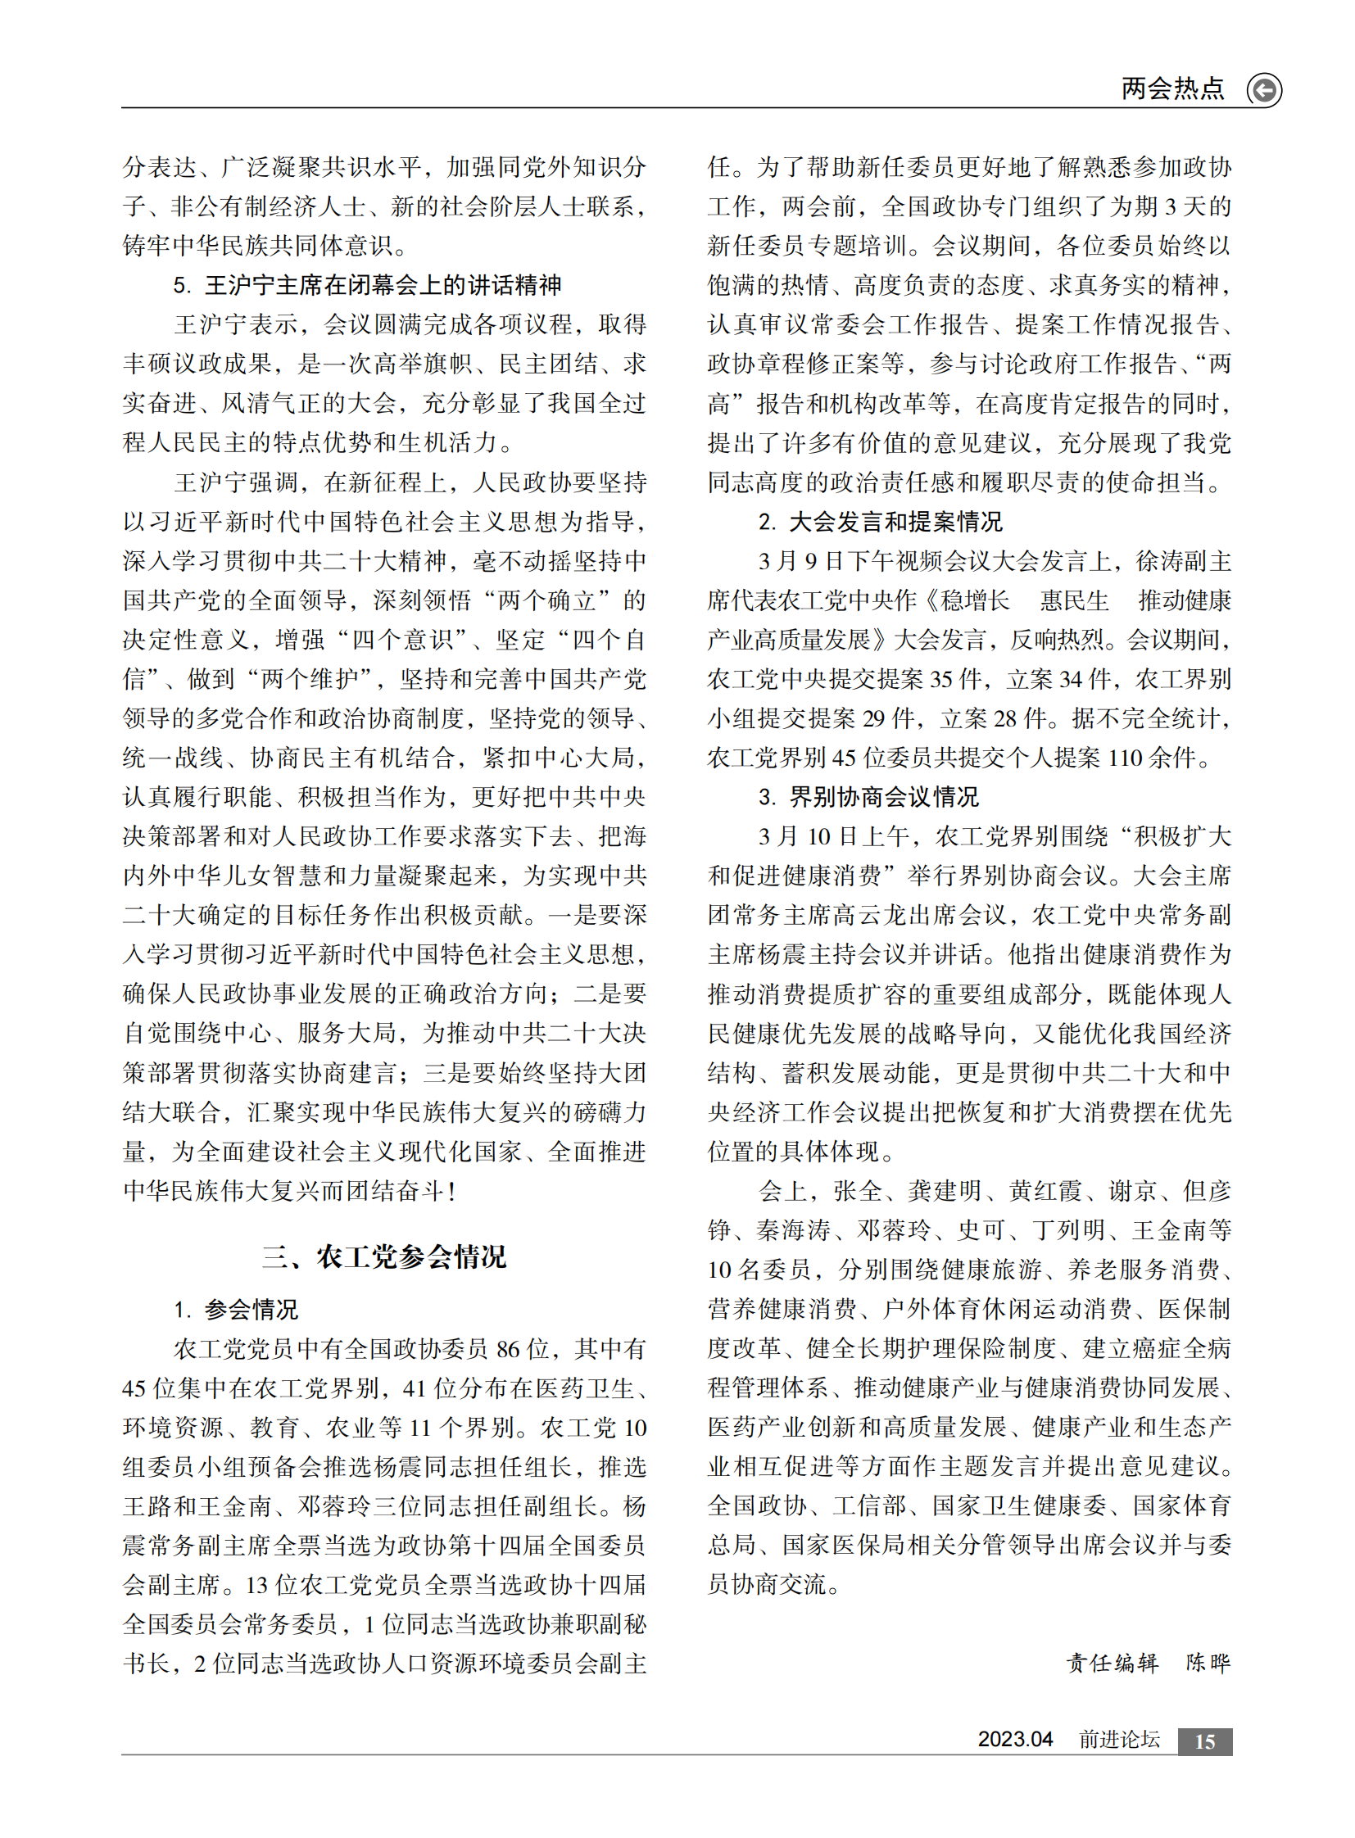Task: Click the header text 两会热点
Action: tap(1172, 88)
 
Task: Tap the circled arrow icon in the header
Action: tap(1264, 89)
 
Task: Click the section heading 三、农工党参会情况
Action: tap(384, 1256)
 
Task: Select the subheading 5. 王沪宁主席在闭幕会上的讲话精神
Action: tap(368, 285)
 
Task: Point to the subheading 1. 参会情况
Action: tap(236, 1310)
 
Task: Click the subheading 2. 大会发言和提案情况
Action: tap(880, 522)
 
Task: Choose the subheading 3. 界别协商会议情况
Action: tap(868, 797)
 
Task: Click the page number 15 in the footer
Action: tap(1204, 1742)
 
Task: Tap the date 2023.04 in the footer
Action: tap(1014, 1740)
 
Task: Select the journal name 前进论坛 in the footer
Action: tap(1119, 1740)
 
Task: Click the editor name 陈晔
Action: tap(1208, 1663)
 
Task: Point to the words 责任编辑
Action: tap(1113, 1663)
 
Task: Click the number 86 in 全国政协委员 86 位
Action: tap(509, 1349)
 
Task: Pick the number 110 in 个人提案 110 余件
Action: tap(1125, 758)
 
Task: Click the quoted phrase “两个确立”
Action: tap(547, 601)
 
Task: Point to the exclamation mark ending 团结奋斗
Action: tap(451, 1192)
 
